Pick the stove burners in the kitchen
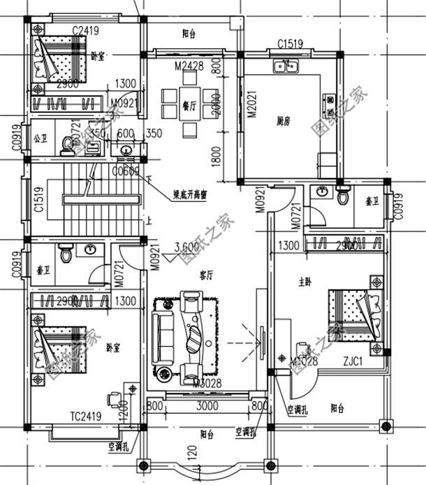point(326,105)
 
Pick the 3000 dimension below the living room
point(207,405)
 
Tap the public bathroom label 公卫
point(38,137)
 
